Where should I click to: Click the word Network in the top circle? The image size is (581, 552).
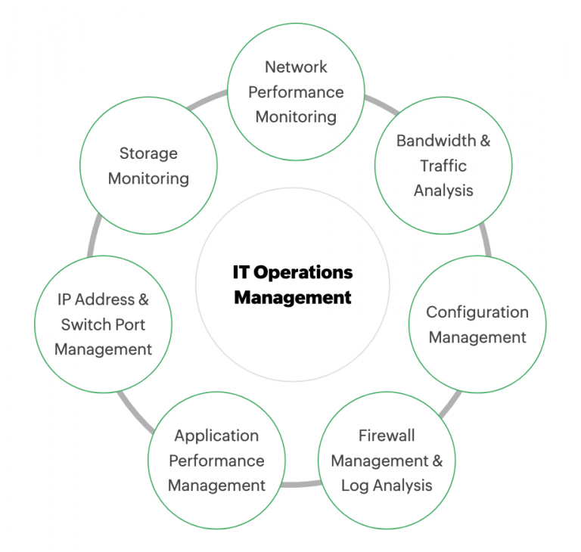click(296, 67)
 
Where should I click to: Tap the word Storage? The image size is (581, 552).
click(148, 154)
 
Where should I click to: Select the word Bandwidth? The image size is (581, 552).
click(436, 141)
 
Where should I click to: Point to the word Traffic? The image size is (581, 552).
click(443, 166)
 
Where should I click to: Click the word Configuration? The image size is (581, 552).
click(477, 312)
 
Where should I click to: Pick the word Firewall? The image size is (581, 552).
click(387, 436)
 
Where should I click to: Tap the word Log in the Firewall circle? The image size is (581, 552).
click(355, 485)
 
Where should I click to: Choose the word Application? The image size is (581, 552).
click(216, 436)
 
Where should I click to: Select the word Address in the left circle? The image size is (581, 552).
click(104, 299)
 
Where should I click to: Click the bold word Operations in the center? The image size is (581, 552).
click(303, 273)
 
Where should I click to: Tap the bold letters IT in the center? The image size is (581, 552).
click(241, 272)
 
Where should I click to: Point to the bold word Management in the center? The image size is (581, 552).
click(293, 297)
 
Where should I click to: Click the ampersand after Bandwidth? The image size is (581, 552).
click(485, 141)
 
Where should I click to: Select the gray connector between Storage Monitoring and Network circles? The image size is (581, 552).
click(206, 99)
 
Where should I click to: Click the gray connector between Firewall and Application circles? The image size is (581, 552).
click(301, 483)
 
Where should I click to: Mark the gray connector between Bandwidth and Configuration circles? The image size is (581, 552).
click(486, 240)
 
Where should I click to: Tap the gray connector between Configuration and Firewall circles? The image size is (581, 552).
click(450, 405)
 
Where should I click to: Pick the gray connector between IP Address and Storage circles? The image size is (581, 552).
click(95, 235)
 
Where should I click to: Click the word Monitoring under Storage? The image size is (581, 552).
click(148, 179)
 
